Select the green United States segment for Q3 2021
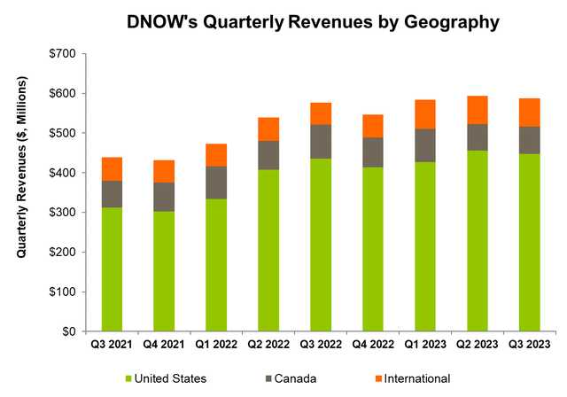click(x=113, y=269)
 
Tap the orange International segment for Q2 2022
click(x=269, y=129)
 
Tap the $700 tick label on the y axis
click(x=62, y=53)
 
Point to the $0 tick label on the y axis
click(x=69, y=331)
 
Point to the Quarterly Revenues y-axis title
click(x=21, y=191)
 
